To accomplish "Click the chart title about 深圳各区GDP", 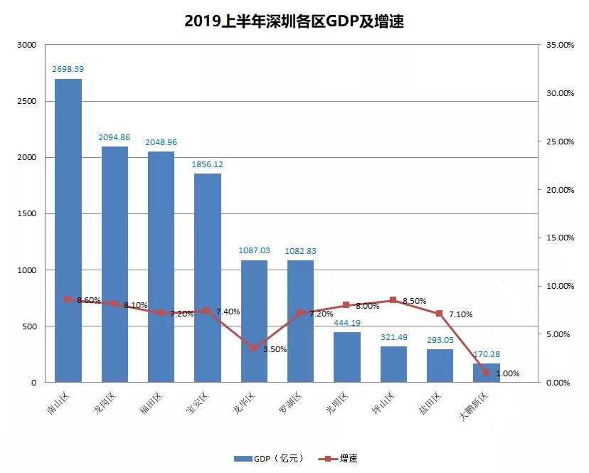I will click(294, 21).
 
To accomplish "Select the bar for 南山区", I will click(68, 230).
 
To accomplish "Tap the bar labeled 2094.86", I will click(115, 264).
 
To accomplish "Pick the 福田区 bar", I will click(161, 267).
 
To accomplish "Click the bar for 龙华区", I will click(254, 321).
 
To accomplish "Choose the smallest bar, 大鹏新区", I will click(486, 373).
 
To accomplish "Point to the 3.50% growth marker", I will click(254, 348).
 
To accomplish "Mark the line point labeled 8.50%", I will click(393, 300).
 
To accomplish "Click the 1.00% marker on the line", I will click(486, 372).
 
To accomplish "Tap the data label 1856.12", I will click(207, 164).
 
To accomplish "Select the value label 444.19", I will click(346, 323).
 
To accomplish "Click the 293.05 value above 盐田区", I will click(440, 340).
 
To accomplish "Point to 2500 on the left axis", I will click(26, 101).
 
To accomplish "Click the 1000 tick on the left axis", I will click(26, 270).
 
